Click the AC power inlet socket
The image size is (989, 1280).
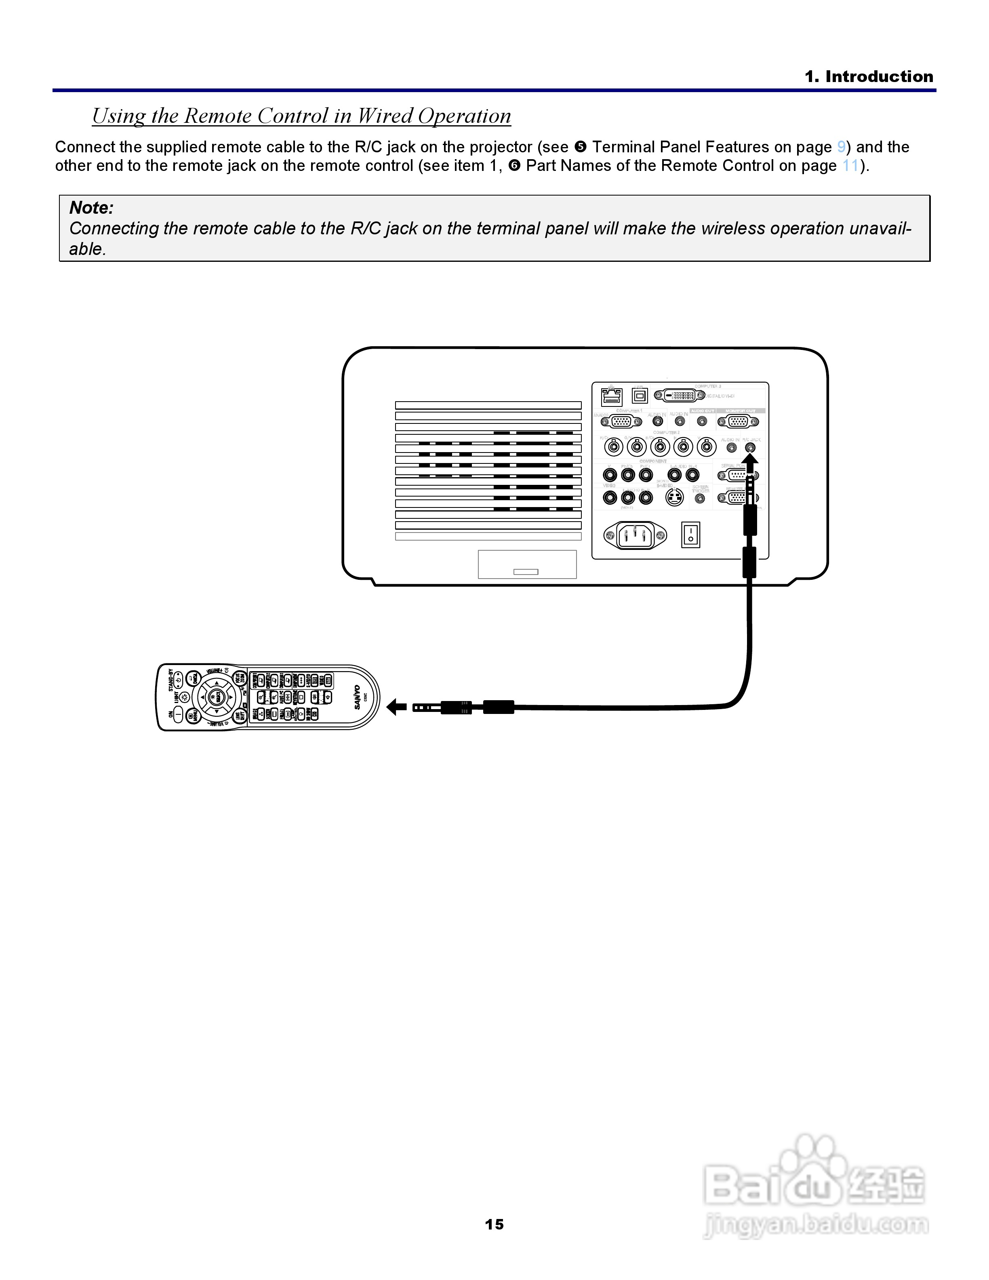(635, 535)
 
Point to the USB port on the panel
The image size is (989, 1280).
(640, 396)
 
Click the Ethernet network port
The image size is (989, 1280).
(612, 397)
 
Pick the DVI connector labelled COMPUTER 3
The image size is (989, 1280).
(680, 396)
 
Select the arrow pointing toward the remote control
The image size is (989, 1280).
(397, 707)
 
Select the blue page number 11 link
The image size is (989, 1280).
(850, 166)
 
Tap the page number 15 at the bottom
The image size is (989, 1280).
(494, 1224)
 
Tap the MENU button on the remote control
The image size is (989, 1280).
(192, 715)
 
